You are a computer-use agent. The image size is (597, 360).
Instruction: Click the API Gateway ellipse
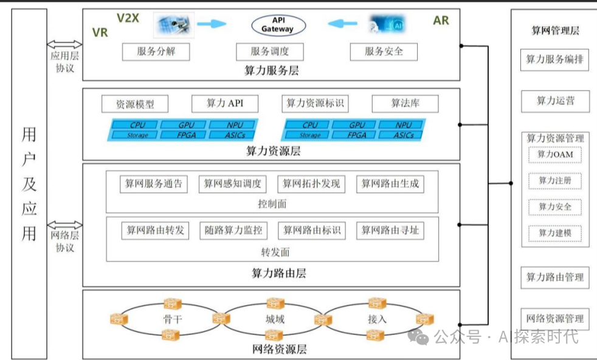coord(278,25)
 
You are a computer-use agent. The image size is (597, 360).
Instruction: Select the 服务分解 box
coord(156,52)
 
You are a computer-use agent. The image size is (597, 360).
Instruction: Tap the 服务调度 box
coord(270,52)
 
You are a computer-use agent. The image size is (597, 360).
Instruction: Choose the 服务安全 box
coord(384,52)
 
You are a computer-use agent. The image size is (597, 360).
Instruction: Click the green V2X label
coord(128,18)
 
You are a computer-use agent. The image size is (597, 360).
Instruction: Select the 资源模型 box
coord(135,104)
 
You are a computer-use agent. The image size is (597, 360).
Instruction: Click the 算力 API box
coord(225,103)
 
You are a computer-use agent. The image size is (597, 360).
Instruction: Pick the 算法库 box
coord(405,103)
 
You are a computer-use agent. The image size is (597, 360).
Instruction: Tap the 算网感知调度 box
coord(233,184)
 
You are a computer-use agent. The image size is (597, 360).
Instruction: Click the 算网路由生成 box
coord(390,184)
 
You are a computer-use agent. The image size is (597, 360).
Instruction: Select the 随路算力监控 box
coord(233,230)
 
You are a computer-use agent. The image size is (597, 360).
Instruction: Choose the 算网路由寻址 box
coord(390,230)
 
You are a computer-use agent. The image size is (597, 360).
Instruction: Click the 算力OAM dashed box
coord(554,154)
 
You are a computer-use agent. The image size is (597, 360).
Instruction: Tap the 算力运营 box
coord(555,101)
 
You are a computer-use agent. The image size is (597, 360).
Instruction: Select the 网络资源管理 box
coord(555,318)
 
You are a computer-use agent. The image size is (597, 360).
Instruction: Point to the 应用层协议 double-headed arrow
coord(64,44)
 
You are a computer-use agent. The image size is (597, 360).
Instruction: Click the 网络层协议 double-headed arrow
coord(64,225)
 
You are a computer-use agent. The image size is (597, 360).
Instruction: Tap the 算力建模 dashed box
coord(554,233)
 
